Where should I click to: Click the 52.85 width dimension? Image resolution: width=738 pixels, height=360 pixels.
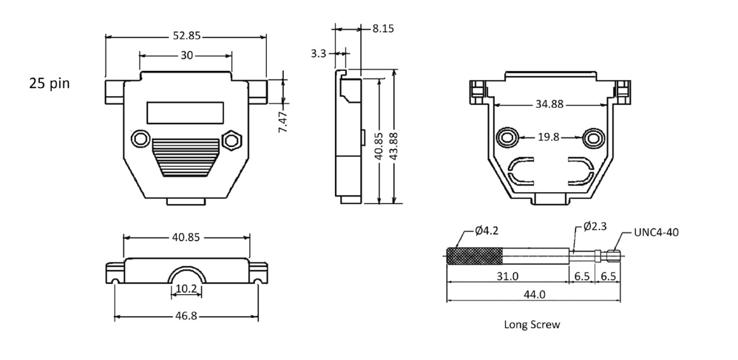coord(187,36)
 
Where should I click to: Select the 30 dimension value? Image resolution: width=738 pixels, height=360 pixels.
coord(186,55)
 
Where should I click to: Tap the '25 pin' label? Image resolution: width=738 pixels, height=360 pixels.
coord(50,84)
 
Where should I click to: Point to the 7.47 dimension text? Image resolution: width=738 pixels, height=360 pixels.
coord(283,122)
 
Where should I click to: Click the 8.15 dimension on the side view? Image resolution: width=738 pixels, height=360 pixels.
coord(383,29)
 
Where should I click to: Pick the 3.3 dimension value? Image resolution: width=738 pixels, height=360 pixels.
coord(318,53)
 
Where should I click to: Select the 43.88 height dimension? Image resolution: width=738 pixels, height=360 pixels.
coord(394,147)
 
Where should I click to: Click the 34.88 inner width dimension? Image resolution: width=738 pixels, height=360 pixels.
coord(549,104)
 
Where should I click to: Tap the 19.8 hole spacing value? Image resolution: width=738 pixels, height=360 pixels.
coord(548,137)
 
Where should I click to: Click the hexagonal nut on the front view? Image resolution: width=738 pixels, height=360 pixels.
coord(232,140)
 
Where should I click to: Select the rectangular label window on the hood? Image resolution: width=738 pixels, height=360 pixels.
coord(185,112)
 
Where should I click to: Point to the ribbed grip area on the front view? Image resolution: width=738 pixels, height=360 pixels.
coord(186,157)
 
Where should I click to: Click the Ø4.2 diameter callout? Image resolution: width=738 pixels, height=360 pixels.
coord(487,231)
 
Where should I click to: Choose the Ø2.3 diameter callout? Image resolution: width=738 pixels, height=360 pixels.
coord(595,226)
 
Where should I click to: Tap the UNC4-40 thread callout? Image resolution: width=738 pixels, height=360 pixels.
coord(656,232)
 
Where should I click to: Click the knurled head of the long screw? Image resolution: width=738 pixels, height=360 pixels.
coord(475,256)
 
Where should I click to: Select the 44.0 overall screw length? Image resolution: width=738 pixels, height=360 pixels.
coord(534,294)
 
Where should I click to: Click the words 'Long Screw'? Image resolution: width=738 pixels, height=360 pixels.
coord(532,325)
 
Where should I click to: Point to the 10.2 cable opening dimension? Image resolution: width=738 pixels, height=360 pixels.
coord(186,289)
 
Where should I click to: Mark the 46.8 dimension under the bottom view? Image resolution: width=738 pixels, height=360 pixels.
coord(186,316)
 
